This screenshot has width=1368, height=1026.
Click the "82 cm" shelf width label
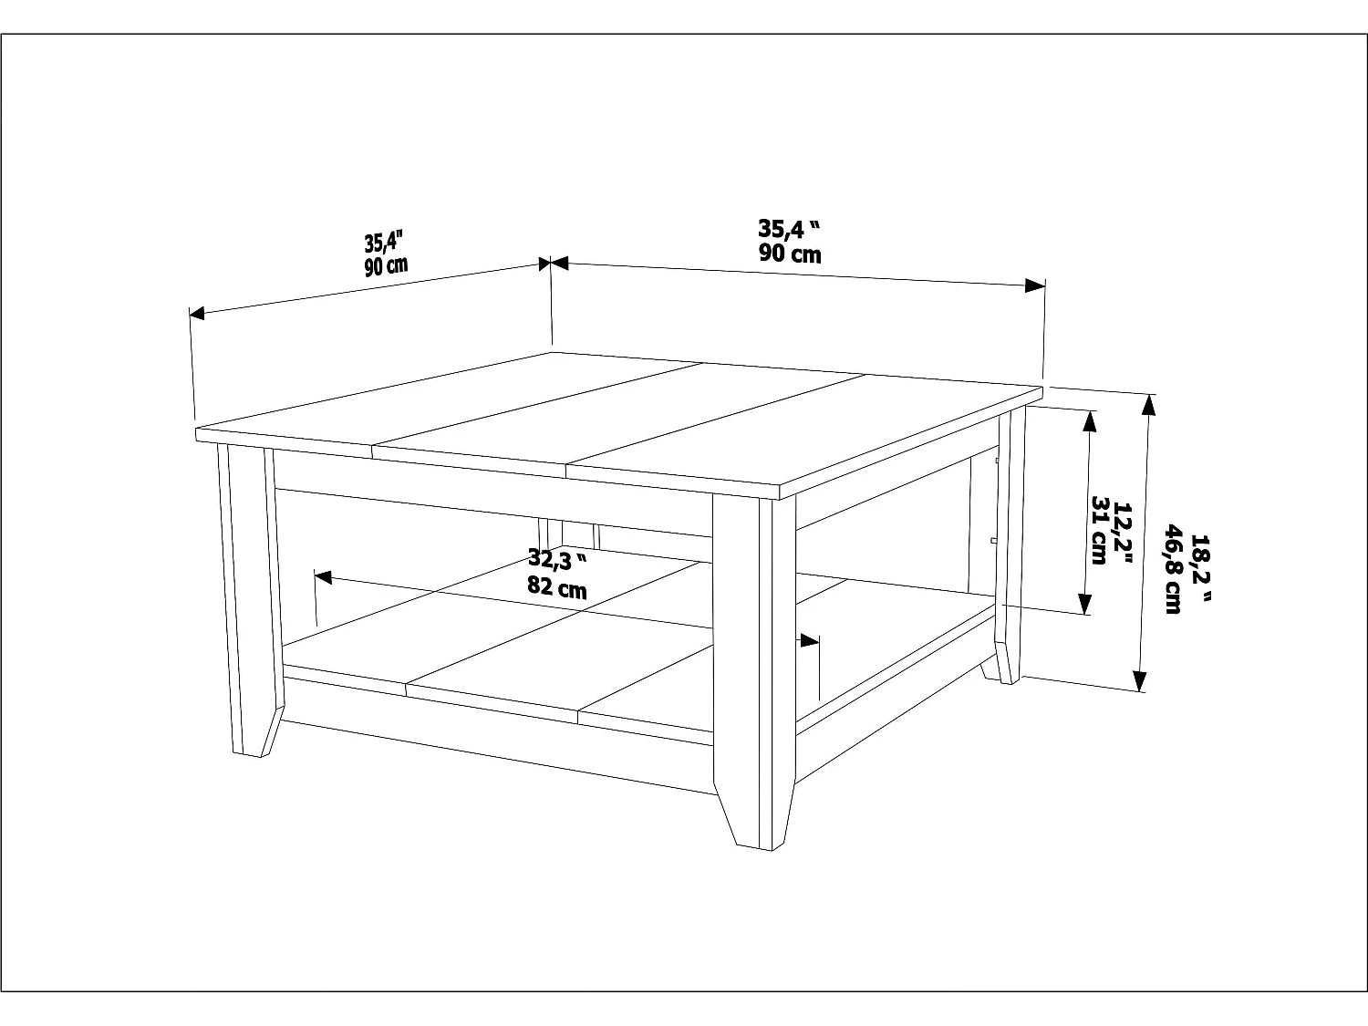(557, 588)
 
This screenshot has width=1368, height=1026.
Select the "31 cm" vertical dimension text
(1099, 531)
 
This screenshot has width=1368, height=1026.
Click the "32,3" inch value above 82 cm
(557, 559)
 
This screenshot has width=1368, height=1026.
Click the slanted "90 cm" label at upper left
(387, 266)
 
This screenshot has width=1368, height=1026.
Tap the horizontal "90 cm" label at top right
(790, 253)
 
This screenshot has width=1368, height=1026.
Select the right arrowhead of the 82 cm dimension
(809, 640)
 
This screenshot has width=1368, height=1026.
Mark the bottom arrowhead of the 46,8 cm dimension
(1139, 680)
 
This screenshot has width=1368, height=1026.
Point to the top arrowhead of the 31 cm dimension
(1088, 420)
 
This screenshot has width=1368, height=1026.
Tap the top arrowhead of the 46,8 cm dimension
(1148, 405)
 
